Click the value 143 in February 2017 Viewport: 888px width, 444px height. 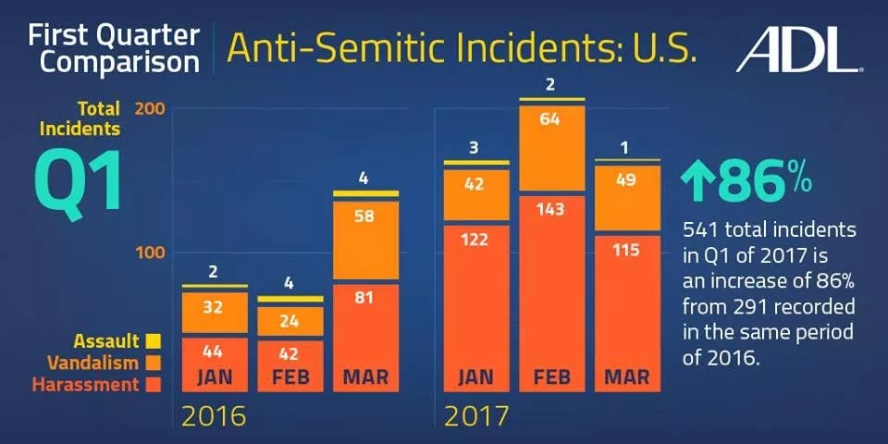point(553,211)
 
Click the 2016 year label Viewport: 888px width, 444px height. point(214,417)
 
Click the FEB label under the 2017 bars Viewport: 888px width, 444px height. point(553,377)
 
